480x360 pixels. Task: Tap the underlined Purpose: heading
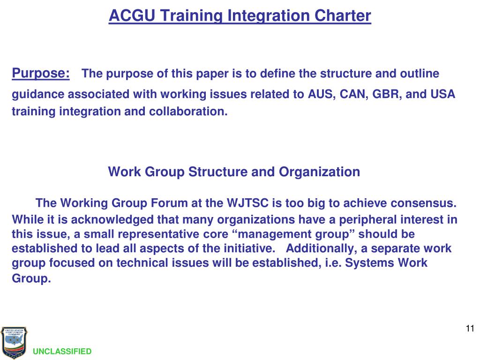pyautogui.click(x=41, y=74)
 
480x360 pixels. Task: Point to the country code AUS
pyautogui.click(x=321, y=94)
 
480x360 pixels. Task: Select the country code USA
pyautogui.click(x=442, y=94)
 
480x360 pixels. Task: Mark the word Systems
pyautogui.click(x=370, y=262)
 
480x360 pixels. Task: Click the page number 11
pyautogui.click(x=470, y=328)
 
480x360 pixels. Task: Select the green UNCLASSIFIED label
pyautogui.click(x=62, y=352)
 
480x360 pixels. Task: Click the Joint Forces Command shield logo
pyautogui.click(x=14, y=343)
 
